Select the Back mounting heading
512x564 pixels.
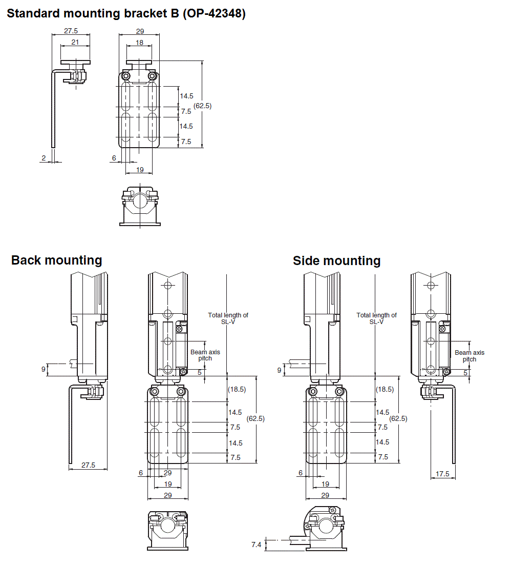point(56,260)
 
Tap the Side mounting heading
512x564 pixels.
point(336,261)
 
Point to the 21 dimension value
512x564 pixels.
point(75,42)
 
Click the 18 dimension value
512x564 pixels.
point(139,43)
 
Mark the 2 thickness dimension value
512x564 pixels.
point(44,158)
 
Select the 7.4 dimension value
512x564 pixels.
point(257,545)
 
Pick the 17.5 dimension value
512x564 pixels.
point(443,474)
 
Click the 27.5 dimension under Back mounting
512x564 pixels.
point(88,465)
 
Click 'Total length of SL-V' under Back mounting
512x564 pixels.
point(228,318)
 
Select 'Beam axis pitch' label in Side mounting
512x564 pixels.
point(470,356)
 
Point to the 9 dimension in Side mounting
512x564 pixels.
point(279,370)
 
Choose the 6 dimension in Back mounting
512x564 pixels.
point(141,473)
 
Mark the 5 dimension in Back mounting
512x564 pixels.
point(199,372)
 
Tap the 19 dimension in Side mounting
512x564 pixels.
point(325,484)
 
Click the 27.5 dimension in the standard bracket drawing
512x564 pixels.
point(71,31)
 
